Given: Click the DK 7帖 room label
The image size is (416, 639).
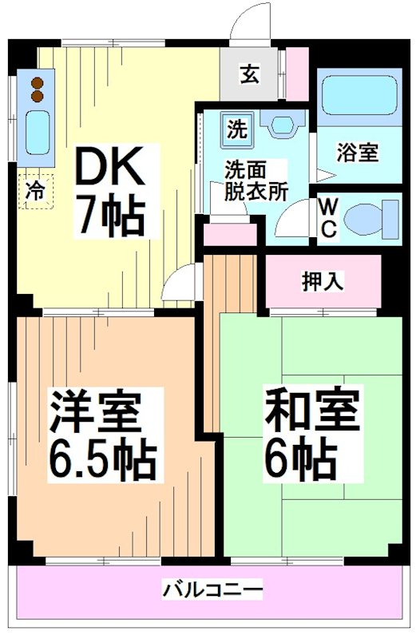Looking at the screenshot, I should point(109,191).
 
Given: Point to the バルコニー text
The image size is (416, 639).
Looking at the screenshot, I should point(212,592).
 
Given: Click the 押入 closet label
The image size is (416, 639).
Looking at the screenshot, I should point(323,281).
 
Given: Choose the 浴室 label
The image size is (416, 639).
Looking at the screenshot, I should point(357,153).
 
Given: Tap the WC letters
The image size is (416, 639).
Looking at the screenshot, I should point(329,217).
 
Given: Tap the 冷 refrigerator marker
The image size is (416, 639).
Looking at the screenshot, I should point(36,191).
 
